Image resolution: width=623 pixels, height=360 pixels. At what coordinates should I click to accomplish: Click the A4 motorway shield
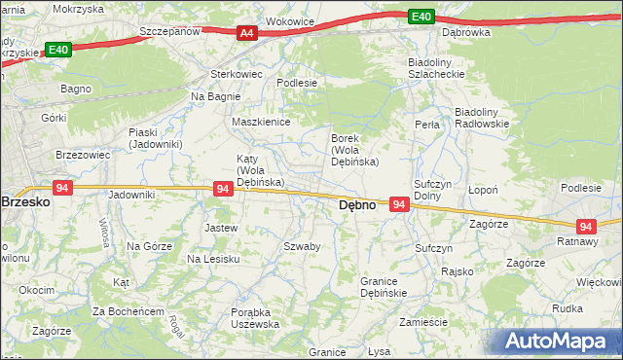(x=247, y=33)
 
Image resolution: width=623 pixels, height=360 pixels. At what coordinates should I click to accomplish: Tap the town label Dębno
(x=357, y=206)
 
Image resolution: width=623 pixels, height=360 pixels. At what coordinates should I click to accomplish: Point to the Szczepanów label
(x=170, y=31)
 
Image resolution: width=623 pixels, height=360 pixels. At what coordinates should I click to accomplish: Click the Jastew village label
(x=221, y=228)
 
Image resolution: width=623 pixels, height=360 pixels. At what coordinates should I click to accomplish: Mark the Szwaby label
(x=302, y=246)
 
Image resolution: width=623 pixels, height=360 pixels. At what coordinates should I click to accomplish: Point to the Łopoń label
(x=484, y=190)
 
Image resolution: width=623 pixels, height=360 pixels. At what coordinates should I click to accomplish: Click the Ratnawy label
(x=576, y=240)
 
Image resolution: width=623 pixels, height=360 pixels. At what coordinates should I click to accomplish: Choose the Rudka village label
(x=567, y=308)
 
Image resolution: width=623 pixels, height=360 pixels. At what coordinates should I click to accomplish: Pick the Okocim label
(x=37, y=290)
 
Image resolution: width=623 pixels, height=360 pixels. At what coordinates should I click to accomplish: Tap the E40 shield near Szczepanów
(x=56, y=49)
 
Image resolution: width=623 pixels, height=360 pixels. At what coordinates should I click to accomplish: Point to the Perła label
(x=426, y=125)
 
